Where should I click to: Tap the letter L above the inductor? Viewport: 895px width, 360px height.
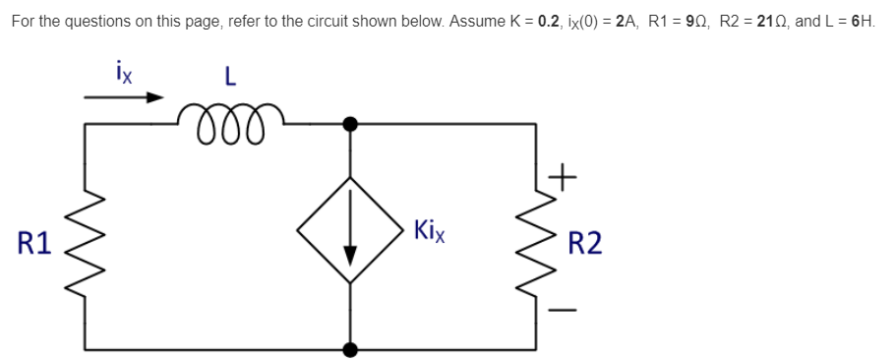pyautogui.click(x=229, y=77)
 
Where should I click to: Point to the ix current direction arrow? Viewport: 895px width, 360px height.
pyautogui.click(x=123, y=97)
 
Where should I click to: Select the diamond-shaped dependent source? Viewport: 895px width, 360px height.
pyautogui.click(x=350, y=231)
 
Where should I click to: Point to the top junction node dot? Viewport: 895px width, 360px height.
pyautogui.click(x=350, y=124)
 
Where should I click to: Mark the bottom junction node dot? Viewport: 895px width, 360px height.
pyautogui.click(x=350, y=348)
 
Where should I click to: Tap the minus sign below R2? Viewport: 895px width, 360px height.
pyautogui.click(x=561, y=307)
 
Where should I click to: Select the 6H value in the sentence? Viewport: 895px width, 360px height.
pyautogui.click(x=863, y=21)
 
